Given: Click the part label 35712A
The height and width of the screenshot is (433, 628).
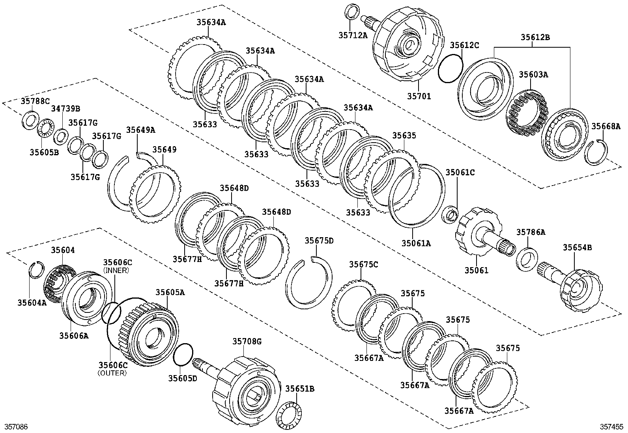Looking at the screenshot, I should pyautogui.click(x=353, y=35).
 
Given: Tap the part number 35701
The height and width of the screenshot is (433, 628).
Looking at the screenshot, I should pyautogui.click(x=419, y=96).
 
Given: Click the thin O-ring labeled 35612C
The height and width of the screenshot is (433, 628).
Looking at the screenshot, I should pyautogui.click(x=450, y=69).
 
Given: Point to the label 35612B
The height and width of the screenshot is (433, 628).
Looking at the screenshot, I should pyautogui.click(x=535, y=38).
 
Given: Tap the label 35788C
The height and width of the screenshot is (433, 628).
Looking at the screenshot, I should pyautogui.click(x=34, y=101).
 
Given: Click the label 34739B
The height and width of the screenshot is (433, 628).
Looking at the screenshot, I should pyautogui.click(x=65, y=108).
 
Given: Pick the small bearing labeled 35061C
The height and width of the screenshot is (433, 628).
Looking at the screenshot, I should pyautogui.click(x=450, y=215).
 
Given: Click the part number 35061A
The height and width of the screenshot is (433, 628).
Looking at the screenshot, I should pyautogui.click(x=416, y=243).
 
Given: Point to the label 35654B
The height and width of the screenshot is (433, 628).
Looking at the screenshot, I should pyautogui.click(x=577, y=247).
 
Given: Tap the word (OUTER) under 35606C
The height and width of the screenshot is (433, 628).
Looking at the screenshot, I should pyautogui.click(x=112, y=373).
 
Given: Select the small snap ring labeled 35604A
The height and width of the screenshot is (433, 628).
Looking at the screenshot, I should pyautogui.click(x=37, y=269).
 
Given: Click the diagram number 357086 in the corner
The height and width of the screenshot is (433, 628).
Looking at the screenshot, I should pyautogui.click(x=16, y=427).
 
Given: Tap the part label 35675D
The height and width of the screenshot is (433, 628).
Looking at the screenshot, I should pyautogui.click(x=319, y=241).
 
